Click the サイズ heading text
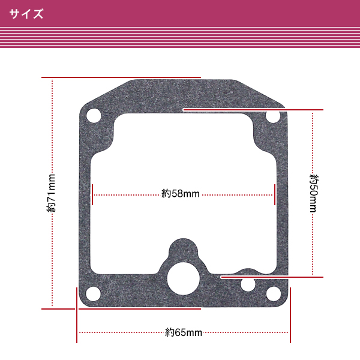(26, 14)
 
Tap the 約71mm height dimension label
(51, 193)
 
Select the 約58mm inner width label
(181, 194)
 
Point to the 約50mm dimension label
(314, 193)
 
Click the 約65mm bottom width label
(184, 332)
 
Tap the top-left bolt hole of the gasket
(94, 115)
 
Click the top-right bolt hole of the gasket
(273, 116)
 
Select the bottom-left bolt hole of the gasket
(93, 293)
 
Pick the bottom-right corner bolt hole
(274, 293)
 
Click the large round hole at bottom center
(184, 279)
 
